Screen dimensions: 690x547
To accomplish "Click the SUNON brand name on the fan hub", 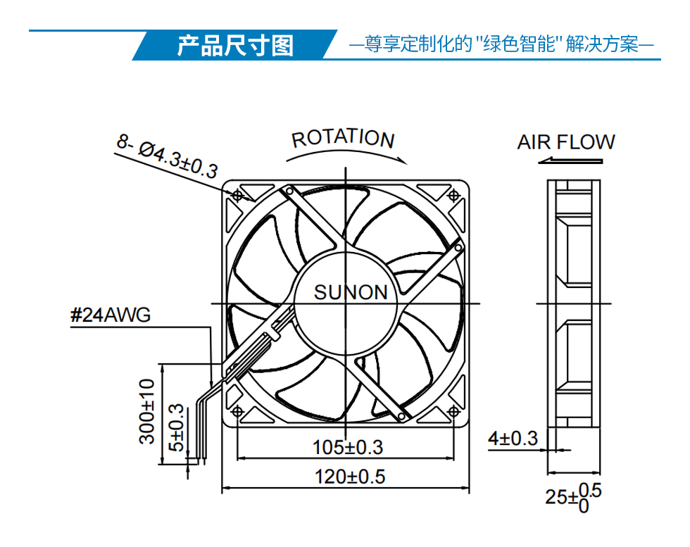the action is tap(351, 292).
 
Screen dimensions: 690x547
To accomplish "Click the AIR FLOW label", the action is tap(566, 142).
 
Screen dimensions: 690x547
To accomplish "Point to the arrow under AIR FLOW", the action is tap(570, 161).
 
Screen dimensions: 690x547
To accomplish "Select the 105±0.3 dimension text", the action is tap(348, 447).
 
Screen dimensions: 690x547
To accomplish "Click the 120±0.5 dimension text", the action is tap(350, 477).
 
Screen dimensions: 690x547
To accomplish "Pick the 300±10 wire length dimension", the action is tap(147, 411).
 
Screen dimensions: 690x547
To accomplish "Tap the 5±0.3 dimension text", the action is tap(177, 427).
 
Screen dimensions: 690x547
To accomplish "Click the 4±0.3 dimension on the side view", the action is tap(513, 439).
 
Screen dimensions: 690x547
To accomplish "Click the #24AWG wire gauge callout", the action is tap(111, 315).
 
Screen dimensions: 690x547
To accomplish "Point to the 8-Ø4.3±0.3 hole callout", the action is tap(168, 157).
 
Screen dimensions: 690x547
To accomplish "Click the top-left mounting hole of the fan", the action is tap(238, 194).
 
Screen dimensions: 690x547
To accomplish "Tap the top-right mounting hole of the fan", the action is tap(453, 194).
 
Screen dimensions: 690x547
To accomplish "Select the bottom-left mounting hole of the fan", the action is tap(238, 411).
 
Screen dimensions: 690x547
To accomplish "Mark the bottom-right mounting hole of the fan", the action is tap(453, 411).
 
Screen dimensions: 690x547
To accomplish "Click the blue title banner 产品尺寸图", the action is tap(235, 45).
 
